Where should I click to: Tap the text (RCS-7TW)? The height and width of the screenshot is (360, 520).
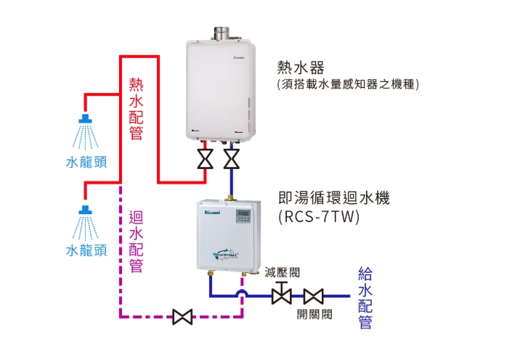(319, 216)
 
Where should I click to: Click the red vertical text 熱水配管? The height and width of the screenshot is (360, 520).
(136, 109)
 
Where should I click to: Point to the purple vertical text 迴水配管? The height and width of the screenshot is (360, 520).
(136, 241)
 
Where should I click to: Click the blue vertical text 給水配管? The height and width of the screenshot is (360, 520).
(365, 298)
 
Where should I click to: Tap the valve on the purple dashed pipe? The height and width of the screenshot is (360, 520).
(182, 317)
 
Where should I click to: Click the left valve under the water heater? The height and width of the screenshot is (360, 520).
(206, 158)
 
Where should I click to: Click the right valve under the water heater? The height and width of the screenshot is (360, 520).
(231, 158)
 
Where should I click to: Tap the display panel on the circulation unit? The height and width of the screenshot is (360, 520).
(242, 216)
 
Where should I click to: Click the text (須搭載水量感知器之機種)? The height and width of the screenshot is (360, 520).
(348, 85)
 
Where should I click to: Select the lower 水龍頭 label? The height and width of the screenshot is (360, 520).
(86, 250)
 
